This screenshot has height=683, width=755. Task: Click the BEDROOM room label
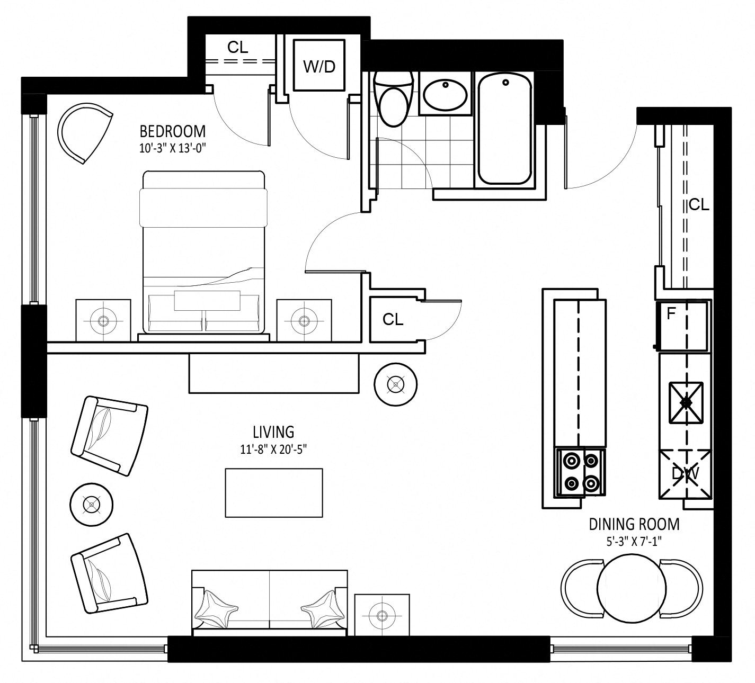pyautogui.click(x=173, y=132)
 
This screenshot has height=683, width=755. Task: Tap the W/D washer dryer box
pyautogui.click(x=319, y=65)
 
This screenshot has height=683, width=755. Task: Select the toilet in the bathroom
pyautogui.click(x=394, y=100)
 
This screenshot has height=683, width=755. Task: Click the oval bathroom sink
pyautogui.click(x=445, y=94)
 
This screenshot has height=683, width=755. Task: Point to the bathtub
pyautogui.click(x=505, y=129)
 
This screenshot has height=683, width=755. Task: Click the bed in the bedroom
pyautogui.click(x=203, y=253)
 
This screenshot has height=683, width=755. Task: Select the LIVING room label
pyautogui.click(x=273, y=432)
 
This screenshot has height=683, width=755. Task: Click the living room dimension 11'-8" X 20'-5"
pyautogui.click(x=273, y=449)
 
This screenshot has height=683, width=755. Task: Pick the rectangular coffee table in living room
pyautogui.click(x=274, y=493)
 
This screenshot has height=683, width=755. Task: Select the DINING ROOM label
pyautogui.click(x=634, y=525)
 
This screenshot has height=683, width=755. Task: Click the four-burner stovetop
pyautogui.click(x=580, y=472)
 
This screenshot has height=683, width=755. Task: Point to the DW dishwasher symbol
pyautogui.click(x=686, y=474)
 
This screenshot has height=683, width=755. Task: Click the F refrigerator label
pyautogui.click(x=670, y=313)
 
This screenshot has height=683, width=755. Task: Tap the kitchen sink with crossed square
pyautogui.click(x=686, y=403)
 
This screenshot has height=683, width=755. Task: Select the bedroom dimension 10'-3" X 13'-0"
pyautogui.click(x=173, y=149)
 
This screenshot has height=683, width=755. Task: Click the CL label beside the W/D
pyautogui.click(x=237, y=48)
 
